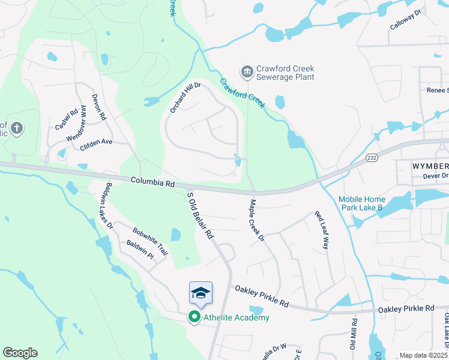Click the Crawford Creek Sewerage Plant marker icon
pos(247,73)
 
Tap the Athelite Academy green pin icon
pos(194,317)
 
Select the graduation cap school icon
pos(200,293)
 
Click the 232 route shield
pos(372,158)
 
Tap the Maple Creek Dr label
pos(256,221)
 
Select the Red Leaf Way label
pos(323,230)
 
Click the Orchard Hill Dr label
pos(184,97)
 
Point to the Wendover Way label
pos(77,123)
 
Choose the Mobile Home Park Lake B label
pos(369,203)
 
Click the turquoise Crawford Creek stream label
pos(242,92)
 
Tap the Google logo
pos(20,353)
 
